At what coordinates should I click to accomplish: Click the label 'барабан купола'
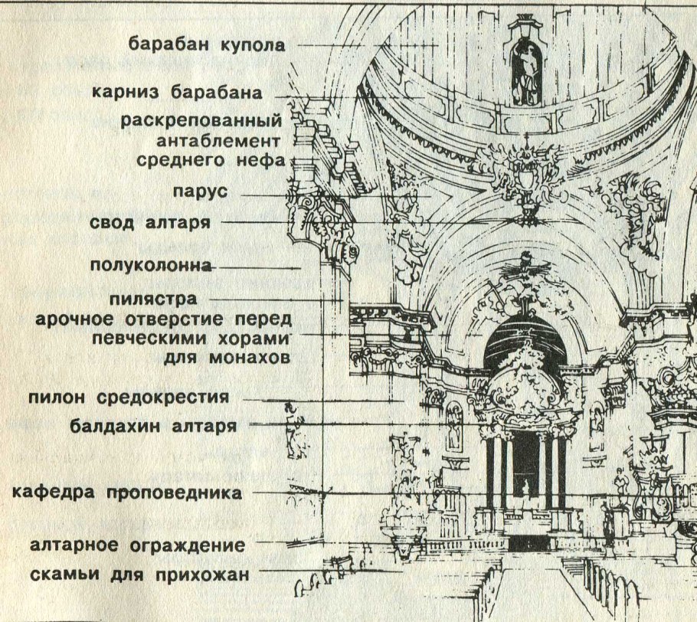tap(207, 44)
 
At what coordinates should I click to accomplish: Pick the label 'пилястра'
tap(152, 299)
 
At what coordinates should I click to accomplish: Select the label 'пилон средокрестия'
tap(129, 398)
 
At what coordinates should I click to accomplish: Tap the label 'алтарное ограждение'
tap(138, 546)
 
